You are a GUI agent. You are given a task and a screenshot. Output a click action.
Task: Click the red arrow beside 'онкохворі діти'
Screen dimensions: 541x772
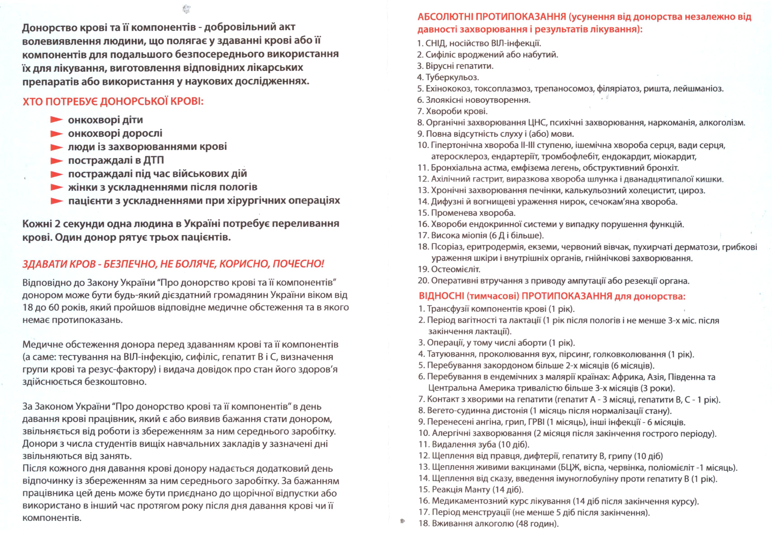tap(56, 120)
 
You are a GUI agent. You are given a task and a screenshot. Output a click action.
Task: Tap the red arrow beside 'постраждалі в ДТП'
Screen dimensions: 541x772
tap(56, 161)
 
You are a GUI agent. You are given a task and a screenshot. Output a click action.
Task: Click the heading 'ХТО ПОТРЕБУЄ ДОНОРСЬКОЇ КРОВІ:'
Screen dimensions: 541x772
tap(113, 101)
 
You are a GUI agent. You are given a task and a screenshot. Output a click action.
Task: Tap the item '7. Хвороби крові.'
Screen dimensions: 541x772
tap(452, 111)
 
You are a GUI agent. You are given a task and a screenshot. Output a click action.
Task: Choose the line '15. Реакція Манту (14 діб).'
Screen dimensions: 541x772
tap(471, 489)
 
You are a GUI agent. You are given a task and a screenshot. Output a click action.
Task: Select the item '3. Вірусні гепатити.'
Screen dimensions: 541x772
tap(455, 66)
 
